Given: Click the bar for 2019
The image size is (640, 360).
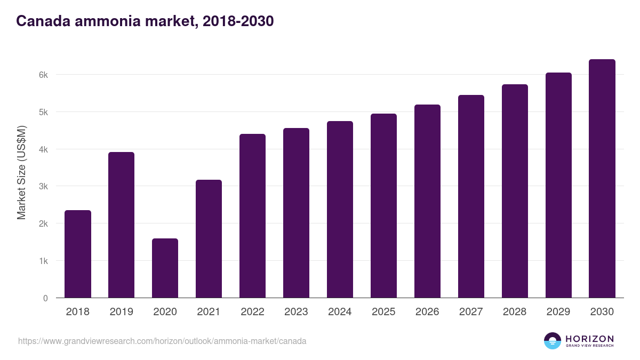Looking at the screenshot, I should click(x=122, y=225).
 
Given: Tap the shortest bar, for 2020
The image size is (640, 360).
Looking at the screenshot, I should click(x=165, y=268).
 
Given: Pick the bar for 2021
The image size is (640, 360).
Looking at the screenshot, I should click(x=209, y=239).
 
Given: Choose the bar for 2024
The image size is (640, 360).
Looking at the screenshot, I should click(x=340, y=210).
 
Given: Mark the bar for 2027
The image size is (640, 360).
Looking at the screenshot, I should click(x=471, y=196).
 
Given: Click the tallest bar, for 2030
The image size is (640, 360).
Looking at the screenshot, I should click(x=602, y=179).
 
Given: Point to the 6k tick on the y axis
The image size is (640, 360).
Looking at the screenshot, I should click(x=43, y=75).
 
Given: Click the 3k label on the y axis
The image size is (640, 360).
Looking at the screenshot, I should click(x=43, y=187).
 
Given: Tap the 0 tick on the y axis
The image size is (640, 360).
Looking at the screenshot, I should click(x=45, y=298).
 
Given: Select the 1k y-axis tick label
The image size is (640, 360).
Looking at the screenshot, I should click(x=43, y=261).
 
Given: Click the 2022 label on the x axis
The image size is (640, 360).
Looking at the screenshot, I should click(x=252, y=312).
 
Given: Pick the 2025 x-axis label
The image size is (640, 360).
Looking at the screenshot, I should click(x=383, y=312).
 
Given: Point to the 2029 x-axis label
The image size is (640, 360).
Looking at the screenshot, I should click(x=558, y=312).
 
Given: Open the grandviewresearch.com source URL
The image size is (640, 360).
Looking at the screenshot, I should click(x=162, y=341).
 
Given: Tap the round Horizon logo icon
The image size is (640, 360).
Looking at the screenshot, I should click(x=553, y=341).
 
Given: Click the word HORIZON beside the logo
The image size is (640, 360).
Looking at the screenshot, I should click(x=589, y=339).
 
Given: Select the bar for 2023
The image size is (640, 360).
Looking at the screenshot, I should click(x=296, y=213).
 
